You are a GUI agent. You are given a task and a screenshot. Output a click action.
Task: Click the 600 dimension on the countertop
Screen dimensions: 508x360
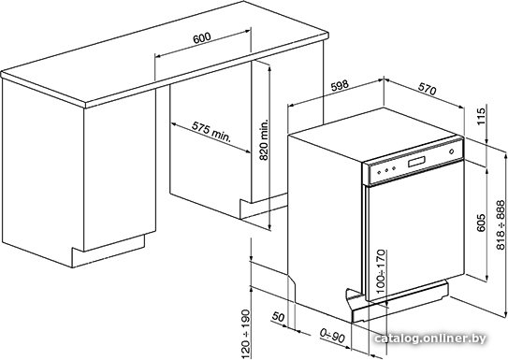(202, 37)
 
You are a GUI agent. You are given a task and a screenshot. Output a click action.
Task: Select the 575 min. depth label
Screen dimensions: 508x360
(211, 132)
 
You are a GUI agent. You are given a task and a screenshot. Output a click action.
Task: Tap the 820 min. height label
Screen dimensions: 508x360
(265, 140)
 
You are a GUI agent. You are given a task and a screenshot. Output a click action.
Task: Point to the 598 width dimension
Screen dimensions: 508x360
(340, 85)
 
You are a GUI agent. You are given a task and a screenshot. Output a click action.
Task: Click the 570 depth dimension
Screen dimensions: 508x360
(428, 89)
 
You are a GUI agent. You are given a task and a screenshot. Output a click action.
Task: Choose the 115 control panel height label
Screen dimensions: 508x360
(482, 116)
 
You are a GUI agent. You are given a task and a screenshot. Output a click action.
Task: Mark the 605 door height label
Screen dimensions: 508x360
(482, 223)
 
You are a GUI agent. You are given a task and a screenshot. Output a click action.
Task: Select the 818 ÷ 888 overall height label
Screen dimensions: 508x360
(501, 225)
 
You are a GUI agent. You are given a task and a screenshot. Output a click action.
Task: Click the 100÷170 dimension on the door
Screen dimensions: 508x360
(382, 271)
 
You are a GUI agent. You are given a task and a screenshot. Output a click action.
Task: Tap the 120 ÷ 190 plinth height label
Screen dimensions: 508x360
(246, 333)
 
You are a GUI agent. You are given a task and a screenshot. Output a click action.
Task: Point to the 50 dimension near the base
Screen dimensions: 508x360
(278, 317)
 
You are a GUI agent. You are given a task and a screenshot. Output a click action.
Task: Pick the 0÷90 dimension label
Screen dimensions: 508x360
(332, 336)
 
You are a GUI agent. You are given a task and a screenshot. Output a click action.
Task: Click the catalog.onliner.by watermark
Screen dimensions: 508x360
(430, 338)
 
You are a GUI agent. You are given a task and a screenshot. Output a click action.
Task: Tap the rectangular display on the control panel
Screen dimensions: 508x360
(416, 161)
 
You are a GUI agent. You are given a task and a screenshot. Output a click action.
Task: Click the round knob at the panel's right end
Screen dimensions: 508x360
(451, 151)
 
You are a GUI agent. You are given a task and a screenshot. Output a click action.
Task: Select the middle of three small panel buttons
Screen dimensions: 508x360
(386, 169)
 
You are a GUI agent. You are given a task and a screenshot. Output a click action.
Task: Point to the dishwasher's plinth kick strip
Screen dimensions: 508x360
(400, 300)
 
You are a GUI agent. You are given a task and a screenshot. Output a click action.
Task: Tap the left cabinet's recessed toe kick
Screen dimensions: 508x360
(109, 251)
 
